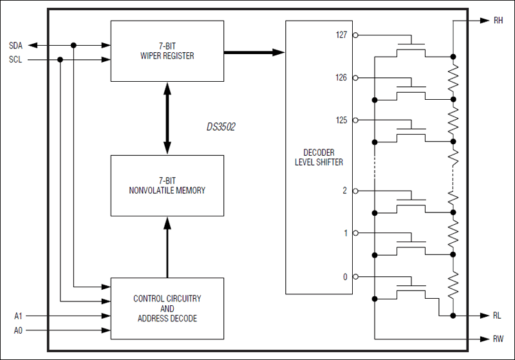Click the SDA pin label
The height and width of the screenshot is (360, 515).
point(15,45)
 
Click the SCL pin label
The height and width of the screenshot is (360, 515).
point(15,60)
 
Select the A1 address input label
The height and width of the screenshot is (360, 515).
point(19,316)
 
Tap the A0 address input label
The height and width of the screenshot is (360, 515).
point(19,330)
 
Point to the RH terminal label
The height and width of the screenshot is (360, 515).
point(498,21)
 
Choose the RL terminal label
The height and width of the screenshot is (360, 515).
point(498,316)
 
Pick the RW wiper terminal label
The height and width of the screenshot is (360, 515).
point(499,338)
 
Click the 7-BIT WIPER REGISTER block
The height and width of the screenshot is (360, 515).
point(167,51)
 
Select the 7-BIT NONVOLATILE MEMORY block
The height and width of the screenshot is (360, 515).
point(167,185)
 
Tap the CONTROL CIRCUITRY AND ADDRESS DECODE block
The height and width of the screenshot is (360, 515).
point(167,308)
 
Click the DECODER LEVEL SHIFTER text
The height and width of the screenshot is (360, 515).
point(319,158)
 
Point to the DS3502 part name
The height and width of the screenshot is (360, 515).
point(216,128)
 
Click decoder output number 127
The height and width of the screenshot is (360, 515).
point(341,35)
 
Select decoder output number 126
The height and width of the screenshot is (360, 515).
point(341,77)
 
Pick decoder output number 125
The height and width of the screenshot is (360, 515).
point(341,120)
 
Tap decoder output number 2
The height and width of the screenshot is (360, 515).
point(344,191)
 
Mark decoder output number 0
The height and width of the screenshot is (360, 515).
point(344,277)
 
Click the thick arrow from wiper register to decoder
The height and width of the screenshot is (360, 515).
point(254,52)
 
